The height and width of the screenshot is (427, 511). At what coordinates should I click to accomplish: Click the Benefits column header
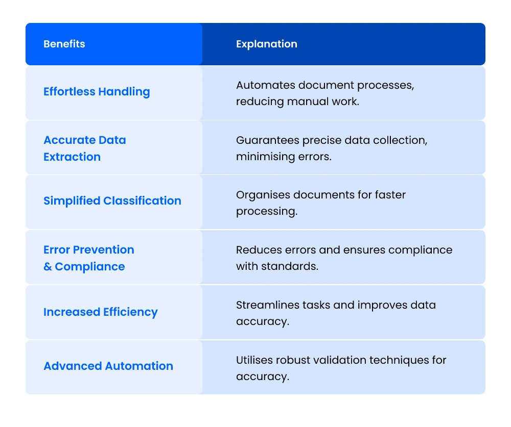click(64, 44)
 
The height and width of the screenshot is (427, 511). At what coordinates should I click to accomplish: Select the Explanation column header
click(266, 44)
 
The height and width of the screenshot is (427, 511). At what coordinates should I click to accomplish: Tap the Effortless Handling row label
click(97, 92)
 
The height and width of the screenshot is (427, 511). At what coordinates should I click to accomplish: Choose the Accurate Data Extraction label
click(84, 148)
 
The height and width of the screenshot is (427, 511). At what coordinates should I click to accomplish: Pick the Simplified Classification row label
click(112, 201)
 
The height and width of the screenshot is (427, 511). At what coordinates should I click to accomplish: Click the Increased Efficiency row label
click(100, 312)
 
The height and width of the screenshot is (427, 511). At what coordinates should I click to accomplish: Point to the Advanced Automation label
click(108, 366)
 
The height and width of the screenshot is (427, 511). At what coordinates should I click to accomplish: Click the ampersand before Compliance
click(48, 267)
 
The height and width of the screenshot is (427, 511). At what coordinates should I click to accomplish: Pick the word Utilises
click(253, 360)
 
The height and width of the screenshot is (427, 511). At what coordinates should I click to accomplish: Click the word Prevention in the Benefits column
click(103, 250)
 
